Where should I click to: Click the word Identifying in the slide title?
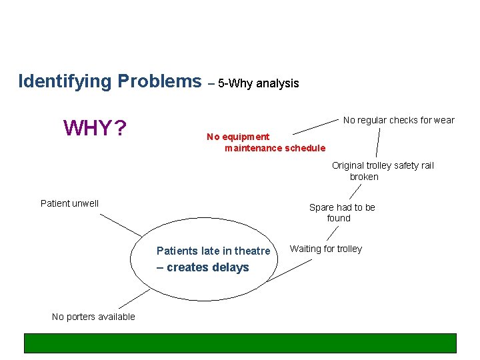(x=65, y=81)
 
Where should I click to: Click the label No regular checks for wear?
(x=398, y=120)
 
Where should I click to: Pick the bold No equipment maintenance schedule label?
(x=266, y=142)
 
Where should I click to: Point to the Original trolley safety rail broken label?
(x=382, y=171)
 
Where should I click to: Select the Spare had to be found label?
(x=341, y=212)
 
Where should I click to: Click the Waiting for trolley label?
(x=325, y=249)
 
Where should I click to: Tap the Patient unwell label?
(x=69, y=203)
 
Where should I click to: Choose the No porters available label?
(x=93, y=317)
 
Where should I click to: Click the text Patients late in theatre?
(x=213, y=251)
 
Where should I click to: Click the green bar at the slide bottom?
(x=240, y=343)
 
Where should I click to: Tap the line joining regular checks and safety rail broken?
(x=377, y=143)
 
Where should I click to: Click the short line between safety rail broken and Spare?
(x=355, y=191)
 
